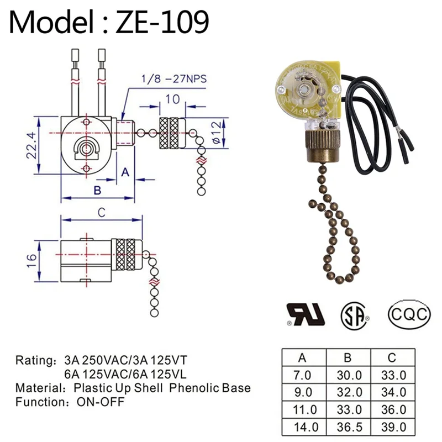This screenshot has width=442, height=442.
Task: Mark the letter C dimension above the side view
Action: coord(101,212)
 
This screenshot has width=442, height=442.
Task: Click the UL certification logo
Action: coord(305,314)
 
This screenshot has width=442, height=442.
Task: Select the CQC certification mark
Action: coord(409,314)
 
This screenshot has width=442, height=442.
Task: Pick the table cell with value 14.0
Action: coord(303,427)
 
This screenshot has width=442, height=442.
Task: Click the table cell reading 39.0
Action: coord(394,427)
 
